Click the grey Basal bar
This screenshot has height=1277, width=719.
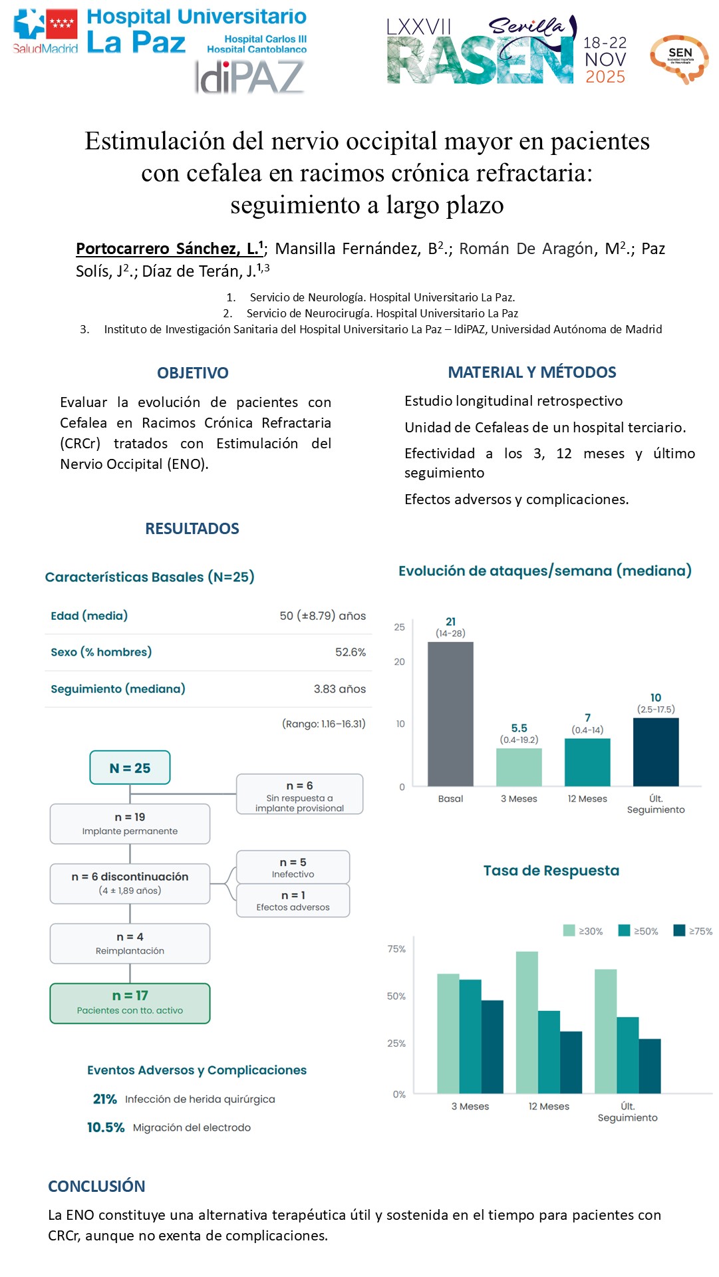point(450,714)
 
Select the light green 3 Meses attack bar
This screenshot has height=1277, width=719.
point(519,767)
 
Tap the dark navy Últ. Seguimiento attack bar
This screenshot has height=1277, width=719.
point(656,752)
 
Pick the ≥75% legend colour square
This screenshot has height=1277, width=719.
point(679,930)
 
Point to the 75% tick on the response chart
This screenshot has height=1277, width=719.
point(396,949)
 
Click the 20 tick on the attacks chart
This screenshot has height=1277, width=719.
point(399,662)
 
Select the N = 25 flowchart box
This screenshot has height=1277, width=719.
point(130,768)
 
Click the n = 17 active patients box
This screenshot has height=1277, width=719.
point(130,1003)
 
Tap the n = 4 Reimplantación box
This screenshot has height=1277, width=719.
point(130,943)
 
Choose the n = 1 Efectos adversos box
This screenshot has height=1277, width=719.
point(293,901)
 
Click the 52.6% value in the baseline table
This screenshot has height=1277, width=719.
point(351,652)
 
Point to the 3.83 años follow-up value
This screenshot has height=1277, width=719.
point(339,689)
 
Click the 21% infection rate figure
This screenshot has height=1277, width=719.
point(104,1099)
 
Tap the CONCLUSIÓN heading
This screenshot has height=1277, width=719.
point(96,1186)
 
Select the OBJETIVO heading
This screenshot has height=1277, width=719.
point(192,373)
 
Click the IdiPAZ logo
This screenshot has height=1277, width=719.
point(249,77)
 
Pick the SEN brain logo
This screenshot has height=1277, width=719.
point(679,59)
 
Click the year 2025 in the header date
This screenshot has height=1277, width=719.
point(605,77)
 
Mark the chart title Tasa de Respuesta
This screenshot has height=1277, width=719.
point(551,871)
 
